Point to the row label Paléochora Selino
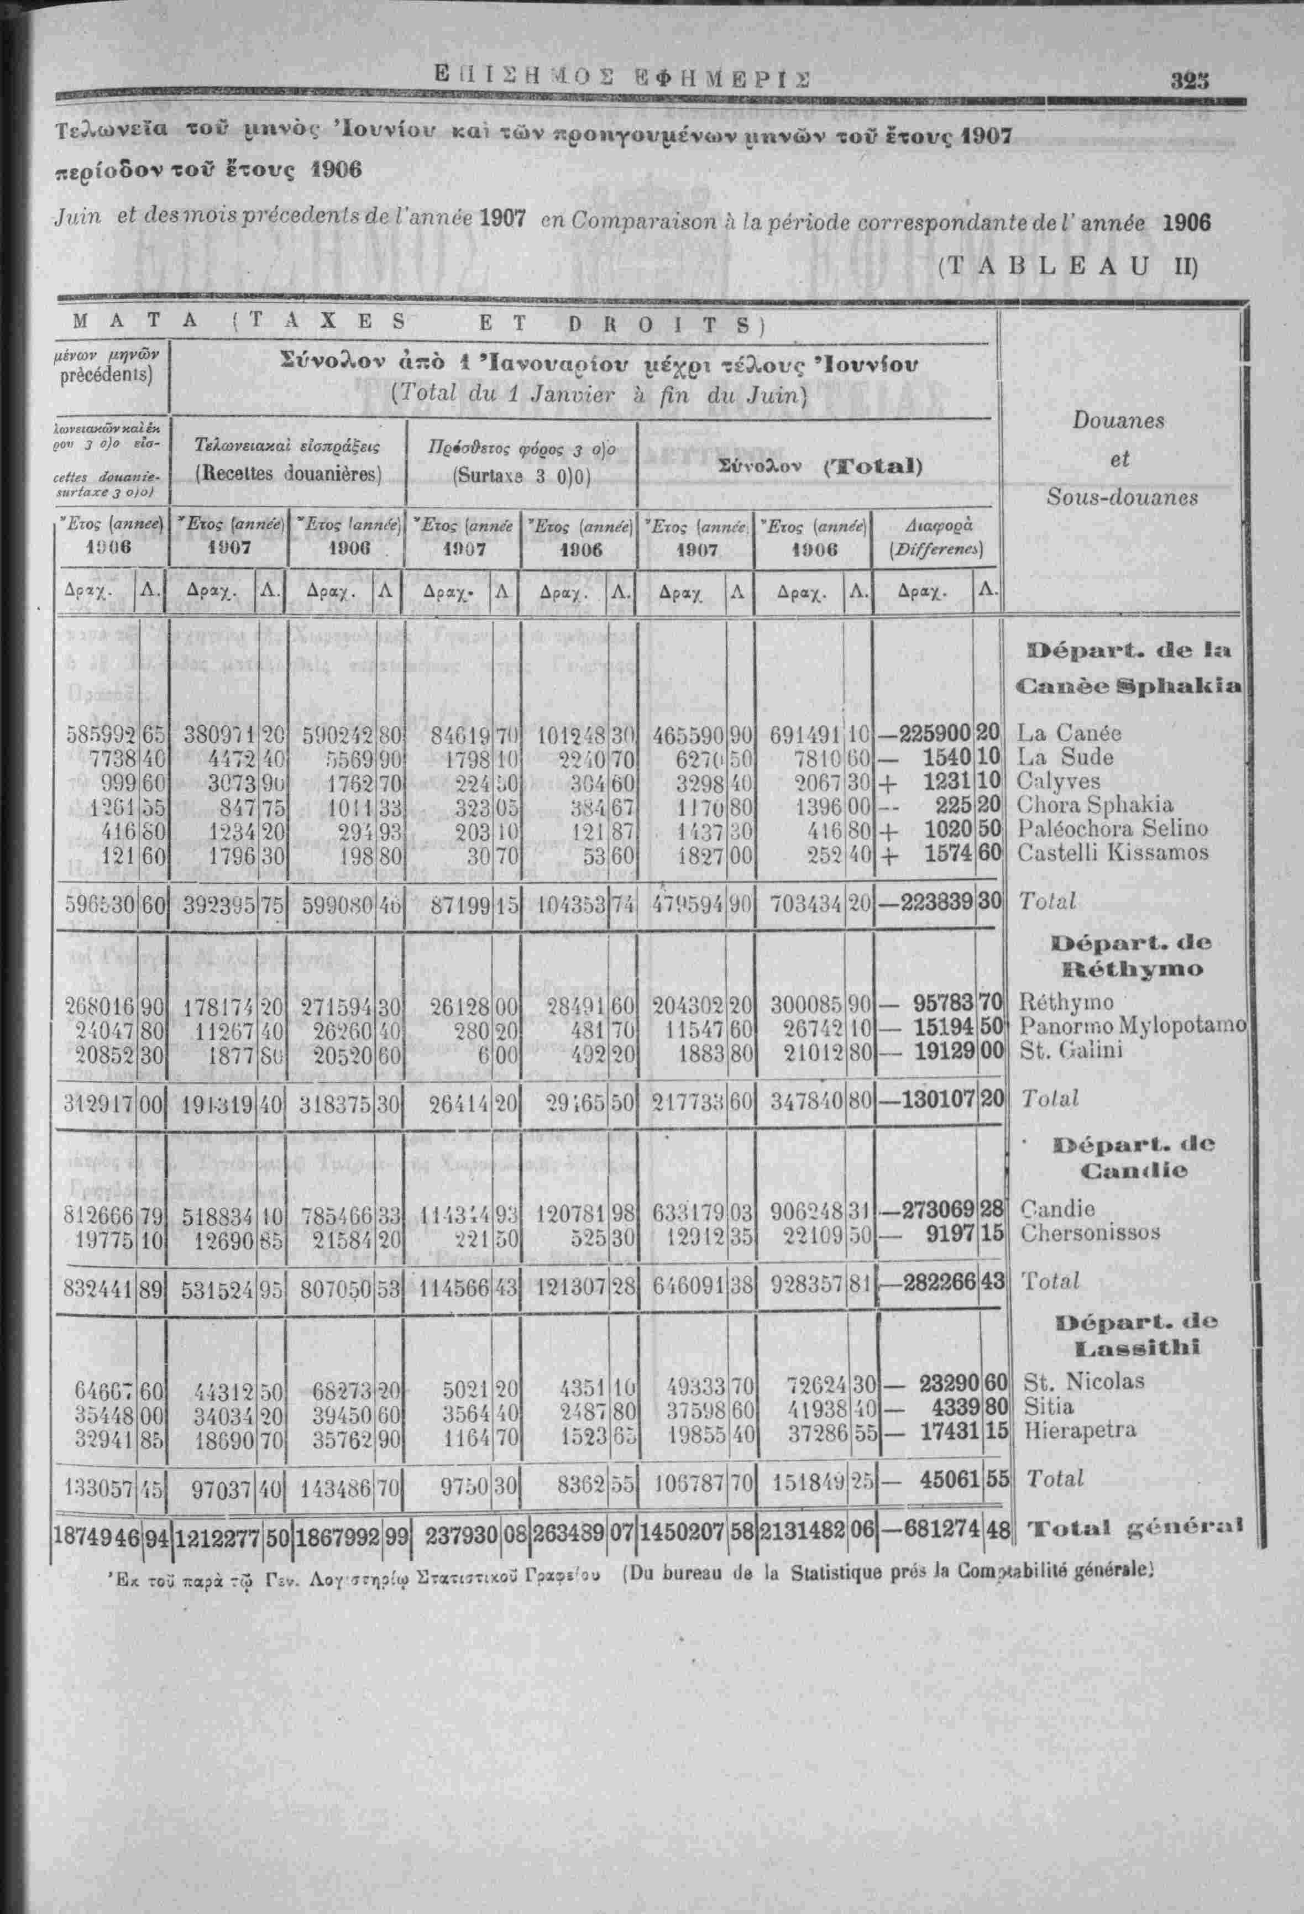pos(1113,828)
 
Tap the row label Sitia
pos(1048,1405)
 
